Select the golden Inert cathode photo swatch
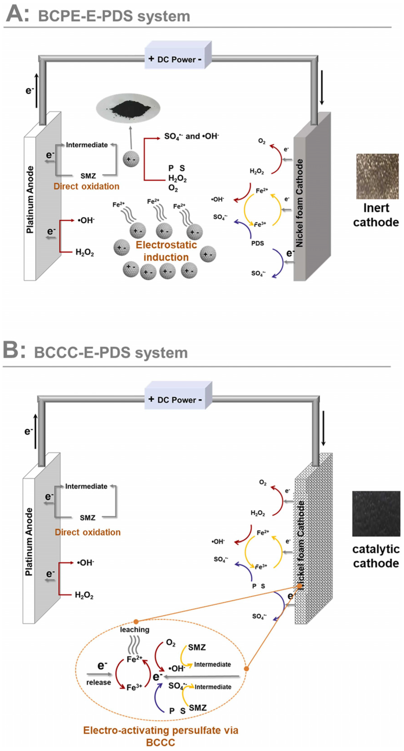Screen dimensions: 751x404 377,176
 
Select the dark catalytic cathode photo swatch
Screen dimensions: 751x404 376,518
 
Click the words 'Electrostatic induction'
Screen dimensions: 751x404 166,251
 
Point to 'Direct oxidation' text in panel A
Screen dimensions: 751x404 86,187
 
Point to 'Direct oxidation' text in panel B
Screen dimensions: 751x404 87,532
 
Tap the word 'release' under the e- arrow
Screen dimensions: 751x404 99,683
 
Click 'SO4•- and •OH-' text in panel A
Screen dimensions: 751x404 191,136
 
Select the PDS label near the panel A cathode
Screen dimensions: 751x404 258,243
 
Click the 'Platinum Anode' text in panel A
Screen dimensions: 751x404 30,200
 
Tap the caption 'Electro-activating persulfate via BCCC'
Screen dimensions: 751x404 161,736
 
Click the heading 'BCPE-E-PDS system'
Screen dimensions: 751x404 114,16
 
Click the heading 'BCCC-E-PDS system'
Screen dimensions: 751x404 111,353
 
